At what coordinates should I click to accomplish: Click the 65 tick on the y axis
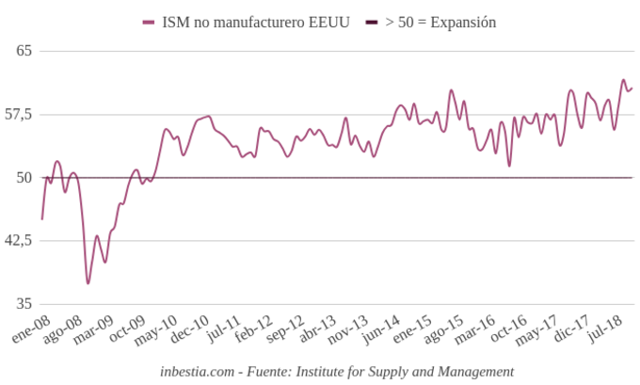tap(24, 51)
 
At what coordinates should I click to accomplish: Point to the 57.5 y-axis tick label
tap(18, 114)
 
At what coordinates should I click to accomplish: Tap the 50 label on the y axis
tap(24, 177)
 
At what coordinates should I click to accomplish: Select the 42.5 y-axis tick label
tap(18, 240)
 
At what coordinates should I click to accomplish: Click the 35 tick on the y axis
tap(24, 303)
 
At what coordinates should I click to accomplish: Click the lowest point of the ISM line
tap(88, 282)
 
